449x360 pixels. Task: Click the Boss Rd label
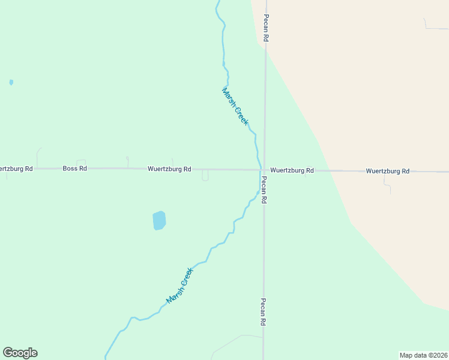74,169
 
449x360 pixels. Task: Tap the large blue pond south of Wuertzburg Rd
159,220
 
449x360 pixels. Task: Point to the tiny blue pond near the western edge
11,82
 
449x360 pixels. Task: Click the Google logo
20,353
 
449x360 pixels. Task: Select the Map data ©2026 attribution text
423,355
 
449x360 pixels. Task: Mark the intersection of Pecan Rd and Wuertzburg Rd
264,170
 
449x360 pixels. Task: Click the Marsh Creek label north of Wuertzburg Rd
235,106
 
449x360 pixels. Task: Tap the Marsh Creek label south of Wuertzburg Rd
181,285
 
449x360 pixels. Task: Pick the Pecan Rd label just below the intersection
264,190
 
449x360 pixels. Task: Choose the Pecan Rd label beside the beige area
266,28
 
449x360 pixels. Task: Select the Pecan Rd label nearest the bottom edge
263,312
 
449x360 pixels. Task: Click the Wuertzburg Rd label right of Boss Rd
169,169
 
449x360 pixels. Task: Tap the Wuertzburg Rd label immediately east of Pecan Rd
292,170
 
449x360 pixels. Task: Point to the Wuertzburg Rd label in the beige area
387,171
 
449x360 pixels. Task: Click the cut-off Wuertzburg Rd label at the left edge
16,169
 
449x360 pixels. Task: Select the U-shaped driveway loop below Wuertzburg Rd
205,176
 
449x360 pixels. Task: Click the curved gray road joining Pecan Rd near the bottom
234,340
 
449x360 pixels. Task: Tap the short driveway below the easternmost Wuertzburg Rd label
388,185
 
